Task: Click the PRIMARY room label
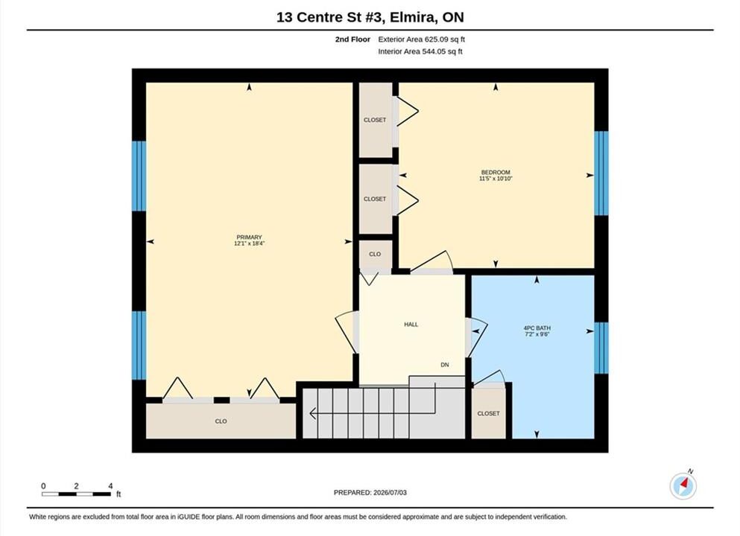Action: click(249, 237)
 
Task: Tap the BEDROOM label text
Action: click(496, 173)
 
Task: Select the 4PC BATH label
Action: click(537, 328)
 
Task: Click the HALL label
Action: click(411, 325)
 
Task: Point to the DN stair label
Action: click(445, 365)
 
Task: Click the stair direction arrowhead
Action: click(312, 413)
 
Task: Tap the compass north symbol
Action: click(683, 485)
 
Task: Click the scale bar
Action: click(77, 494)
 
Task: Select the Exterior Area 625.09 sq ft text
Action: click(422, 39)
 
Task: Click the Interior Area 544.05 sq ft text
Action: click(420, 52)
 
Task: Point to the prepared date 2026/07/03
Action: click(390, 493)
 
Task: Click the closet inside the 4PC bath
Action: click(488, 413)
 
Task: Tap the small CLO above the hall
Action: click(375, 255)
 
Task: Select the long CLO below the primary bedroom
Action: click(221, 421)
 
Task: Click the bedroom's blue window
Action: click(601, 173)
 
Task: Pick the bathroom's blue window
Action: click(601, 348)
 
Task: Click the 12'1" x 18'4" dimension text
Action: click(249, 243)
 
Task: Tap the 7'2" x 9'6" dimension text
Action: click(537, 334)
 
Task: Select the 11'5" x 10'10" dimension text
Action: click(496, 179)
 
